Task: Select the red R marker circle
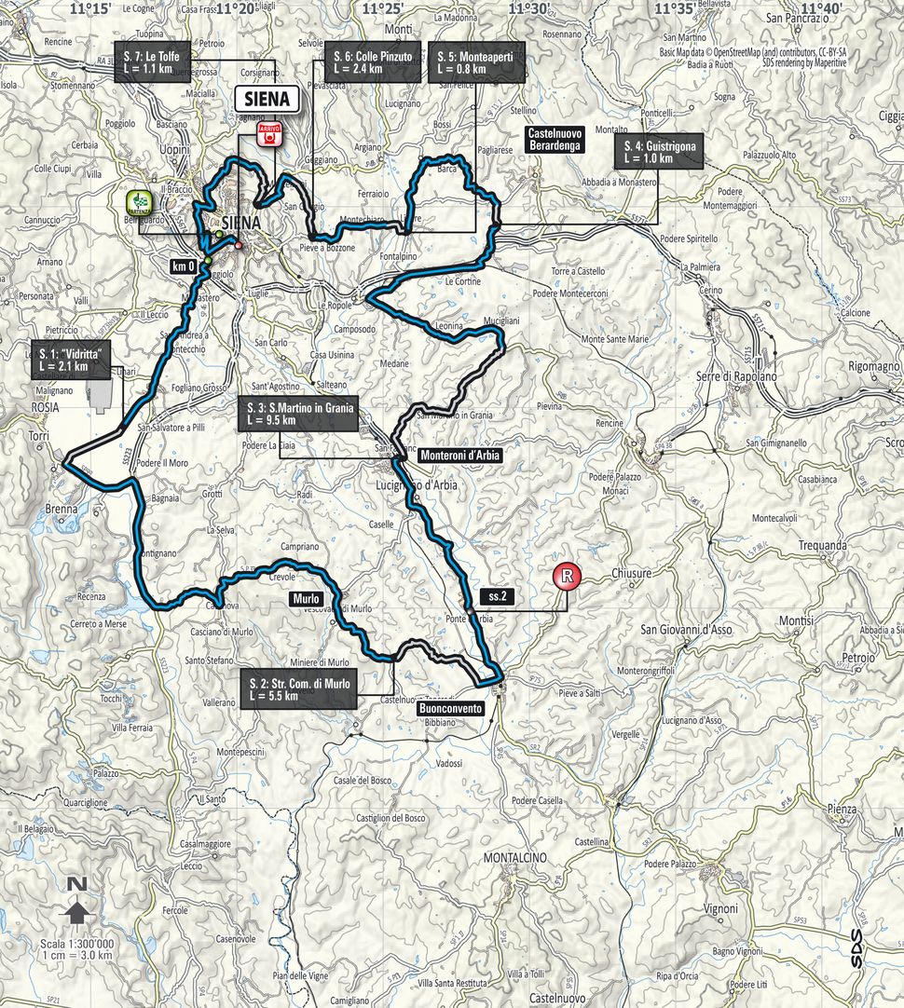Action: (564, 577)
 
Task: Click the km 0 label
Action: (183, 266)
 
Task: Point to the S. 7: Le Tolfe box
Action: (152, 62)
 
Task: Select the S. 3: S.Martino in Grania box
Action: (296, 415)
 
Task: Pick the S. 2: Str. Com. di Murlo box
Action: (298, 689)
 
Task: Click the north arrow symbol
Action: (78, 909)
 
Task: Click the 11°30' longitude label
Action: (527, 8)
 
